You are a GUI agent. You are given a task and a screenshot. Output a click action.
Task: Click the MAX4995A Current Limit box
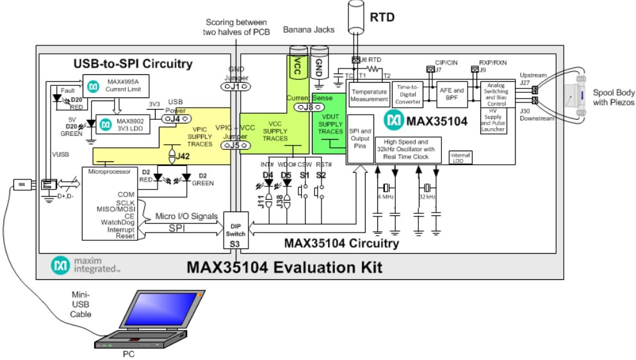click(115, 83)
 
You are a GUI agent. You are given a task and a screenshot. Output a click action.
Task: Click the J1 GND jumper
click(235, 86)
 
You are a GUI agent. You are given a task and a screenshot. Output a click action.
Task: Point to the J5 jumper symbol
click(234, 145)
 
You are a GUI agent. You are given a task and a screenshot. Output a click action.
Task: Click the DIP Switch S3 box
click(235, 233)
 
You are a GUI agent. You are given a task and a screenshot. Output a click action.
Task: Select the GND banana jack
click(319, 61)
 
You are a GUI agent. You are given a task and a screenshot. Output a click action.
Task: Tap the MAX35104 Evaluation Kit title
click(284, 266)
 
